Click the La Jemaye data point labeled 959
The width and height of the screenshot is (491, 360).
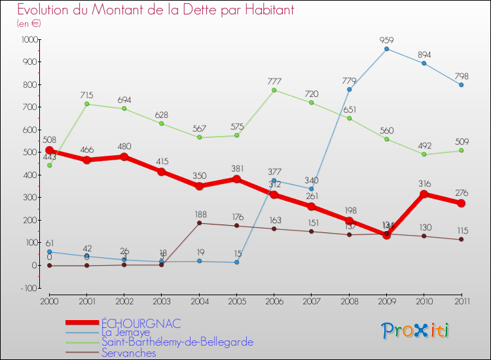pyautogui.click(x=386, y=49)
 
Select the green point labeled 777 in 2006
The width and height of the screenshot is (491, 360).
pyautogui.click(x=274, y=90)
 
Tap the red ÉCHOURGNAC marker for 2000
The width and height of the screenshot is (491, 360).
pyautogui.click(x=49, y=151)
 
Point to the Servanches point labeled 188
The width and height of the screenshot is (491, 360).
pyautogui.click(x=199, y=223)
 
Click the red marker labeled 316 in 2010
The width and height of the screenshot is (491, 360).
pyautogui.click(x=424, y=194)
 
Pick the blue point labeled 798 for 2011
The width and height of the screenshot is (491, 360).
pyautogui.click(x=462, y=85)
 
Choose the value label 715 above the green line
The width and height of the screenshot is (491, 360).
pyautogui.click(x=87, y=96)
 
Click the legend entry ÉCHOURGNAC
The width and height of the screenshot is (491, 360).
pyautogui.click(x=141, y=323)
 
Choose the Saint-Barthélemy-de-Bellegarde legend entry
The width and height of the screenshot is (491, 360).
pyautogui.click(x=177, y=342)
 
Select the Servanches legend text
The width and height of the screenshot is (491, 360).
pyautogui.click(x=128, y=353)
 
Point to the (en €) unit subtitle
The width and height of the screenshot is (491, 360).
pyautogui.click(x=29, y=24)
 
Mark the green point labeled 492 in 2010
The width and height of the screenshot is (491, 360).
pyautogui.click(x=424, y=154)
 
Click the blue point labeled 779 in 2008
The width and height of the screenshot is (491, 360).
pyautogui.click(x=349, y=90)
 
